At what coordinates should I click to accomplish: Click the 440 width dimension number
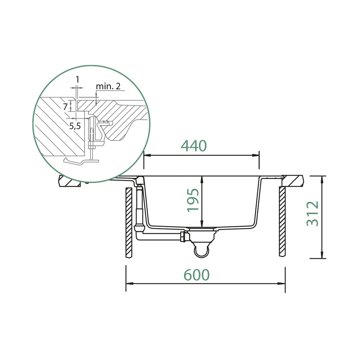(x=193, y=146)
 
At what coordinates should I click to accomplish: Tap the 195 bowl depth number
(x=193, y=200)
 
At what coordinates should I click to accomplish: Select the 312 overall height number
(x=312, y=214)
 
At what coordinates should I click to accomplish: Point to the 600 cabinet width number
(x=197, y=275)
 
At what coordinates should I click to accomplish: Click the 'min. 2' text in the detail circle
(x=108, y=86)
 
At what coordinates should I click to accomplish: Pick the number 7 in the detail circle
(x=65, y=107)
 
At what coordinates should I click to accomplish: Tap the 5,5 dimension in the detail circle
(x=75, y=126)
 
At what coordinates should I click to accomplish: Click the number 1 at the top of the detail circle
(x=77, y=79)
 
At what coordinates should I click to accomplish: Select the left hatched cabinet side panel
(x=129, y=222)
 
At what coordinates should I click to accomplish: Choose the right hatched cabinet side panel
(x=282, y=221)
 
